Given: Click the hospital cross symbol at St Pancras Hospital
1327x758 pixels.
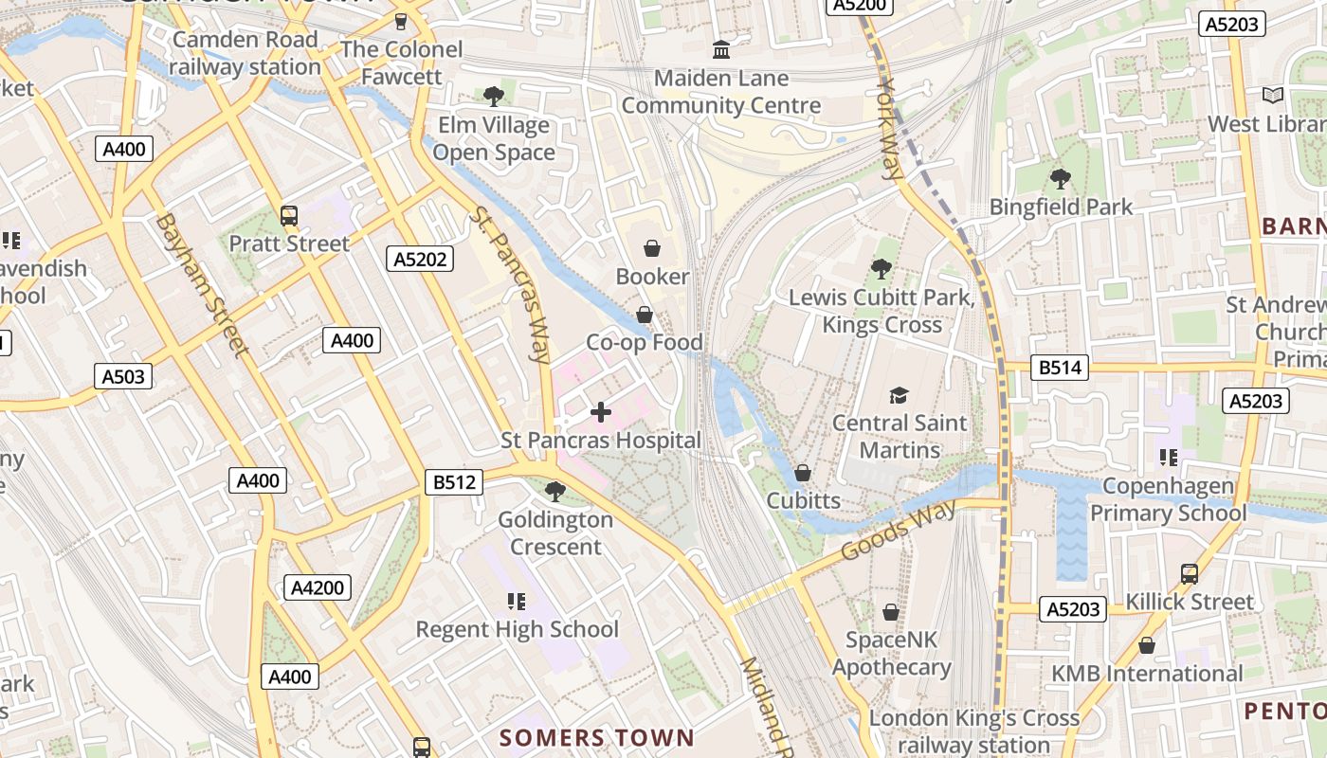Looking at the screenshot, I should pos(600,412).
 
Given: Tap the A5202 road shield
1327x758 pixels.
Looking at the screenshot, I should pos(420,259).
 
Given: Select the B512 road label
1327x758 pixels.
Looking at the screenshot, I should pos(454,482).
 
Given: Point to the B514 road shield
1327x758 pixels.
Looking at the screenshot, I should pos(1060,368).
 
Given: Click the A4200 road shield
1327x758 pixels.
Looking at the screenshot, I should pos(318,587).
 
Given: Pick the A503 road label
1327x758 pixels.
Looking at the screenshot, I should pos(124,377).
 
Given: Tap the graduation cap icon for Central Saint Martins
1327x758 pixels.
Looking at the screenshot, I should pos(898,395).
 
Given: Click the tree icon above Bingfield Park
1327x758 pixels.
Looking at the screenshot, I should pos(1060,178).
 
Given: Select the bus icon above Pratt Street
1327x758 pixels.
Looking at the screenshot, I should pos(289,216).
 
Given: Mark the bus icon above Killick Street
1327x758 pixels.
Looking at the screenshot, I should pos(1189,573).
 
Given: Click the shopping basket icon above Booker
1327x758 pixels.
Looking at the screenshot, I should pos(652,248).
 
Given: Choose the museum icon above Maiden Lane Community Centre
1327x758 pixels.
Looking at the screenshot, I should pos(720,49).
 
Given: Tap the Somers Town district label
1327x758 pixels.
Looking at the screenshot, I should pos(596,737).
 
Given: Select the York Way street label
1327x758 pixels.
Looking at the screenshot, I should pos(889,129).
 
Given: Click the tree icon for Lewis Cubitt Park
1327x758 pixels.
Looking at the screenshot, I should pos(881,269).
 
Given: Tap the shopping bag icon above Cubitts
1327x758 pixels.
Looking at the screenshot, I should pos(803,472).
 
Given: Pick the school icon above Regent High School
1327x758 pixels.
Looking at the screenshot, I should pos(517,601).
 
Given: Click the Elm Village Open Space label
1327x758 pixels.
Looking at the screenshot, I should pos(493,138).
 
